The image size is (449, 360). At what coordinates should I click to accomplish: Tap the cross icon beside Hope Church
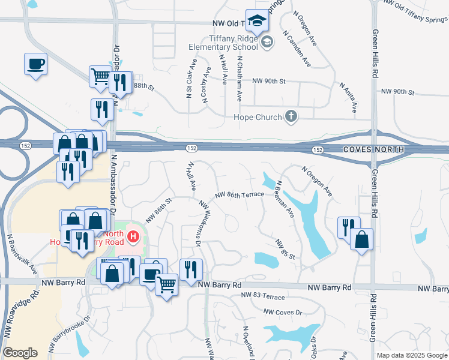tap(291, 116)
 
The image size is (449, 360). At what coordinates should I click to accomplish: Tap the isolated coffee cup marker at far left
tap(36, 64)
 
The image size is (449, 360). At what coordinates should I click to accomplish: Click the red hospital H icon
tap(134, 238)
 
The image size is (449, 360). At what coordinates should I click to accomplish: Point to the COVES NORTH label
tap(370, 149)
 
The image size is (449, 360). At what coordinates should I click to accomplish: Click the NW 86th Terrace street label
tap(239, 195)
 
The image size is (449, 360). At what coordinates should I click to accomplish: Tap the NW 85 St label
tap(285, 250)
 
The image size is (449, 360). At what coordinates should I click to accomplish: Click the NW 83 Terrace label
tap(262, 295)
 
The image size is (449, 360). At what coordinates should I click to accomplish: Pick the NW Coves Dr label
tap(283, 312)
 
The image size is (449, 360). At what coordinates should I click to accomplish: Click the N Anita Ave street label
tap(348, 98)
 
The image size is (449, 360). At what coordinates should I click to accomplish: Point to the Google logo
tap(20, 353)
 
